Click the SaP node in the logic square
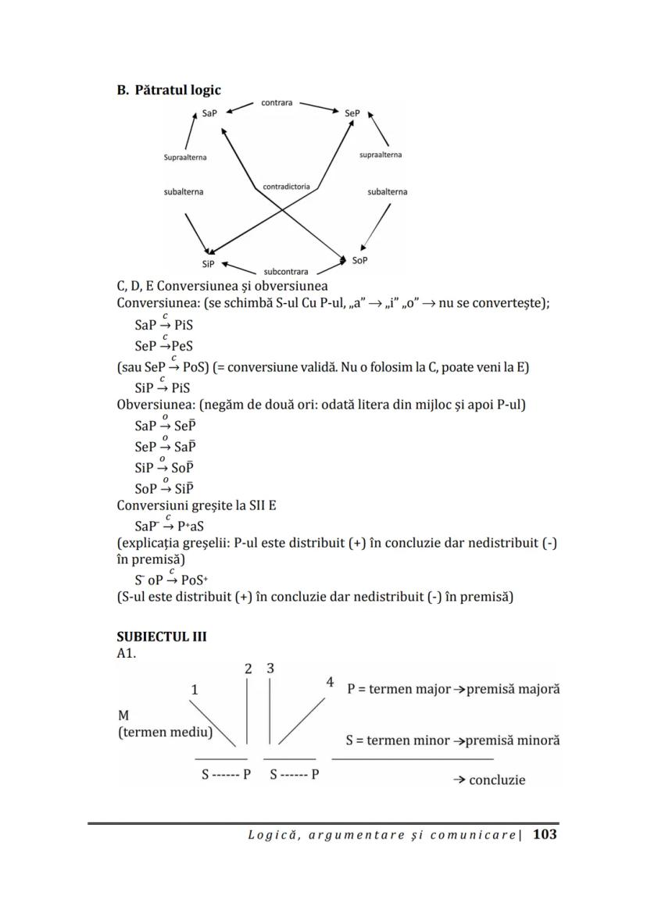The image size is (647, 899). pyautogui.click(x=209, y=113)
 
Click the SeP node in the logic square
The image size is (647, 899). pyautogui.click(x=352, y=113)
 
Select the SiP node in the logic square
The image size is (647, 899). pyautogui.click(x=208, y=264)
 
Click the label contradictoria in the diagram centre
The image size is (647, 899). pyautogui.click(x=286, y=187)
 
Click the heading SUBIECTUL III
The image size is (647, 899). pyautogui.click(x=162, y=637)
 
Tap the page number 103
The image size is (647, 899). pyautogui.click(x=545, y=834)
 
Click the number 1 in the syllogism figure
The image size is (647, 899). pyautogui.click(x=195, y=690)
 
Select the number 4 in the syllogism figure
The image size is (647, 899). pyautogui.click(x=331, y=683)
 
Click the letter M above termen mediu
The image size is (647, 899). pyautogui.click(x=123, y=715)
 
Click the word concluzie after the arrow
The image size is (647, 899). pyautogui.click(x=497, y=779)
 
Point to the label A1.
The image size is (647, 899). pyautogui.click(x=126, y=653)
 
